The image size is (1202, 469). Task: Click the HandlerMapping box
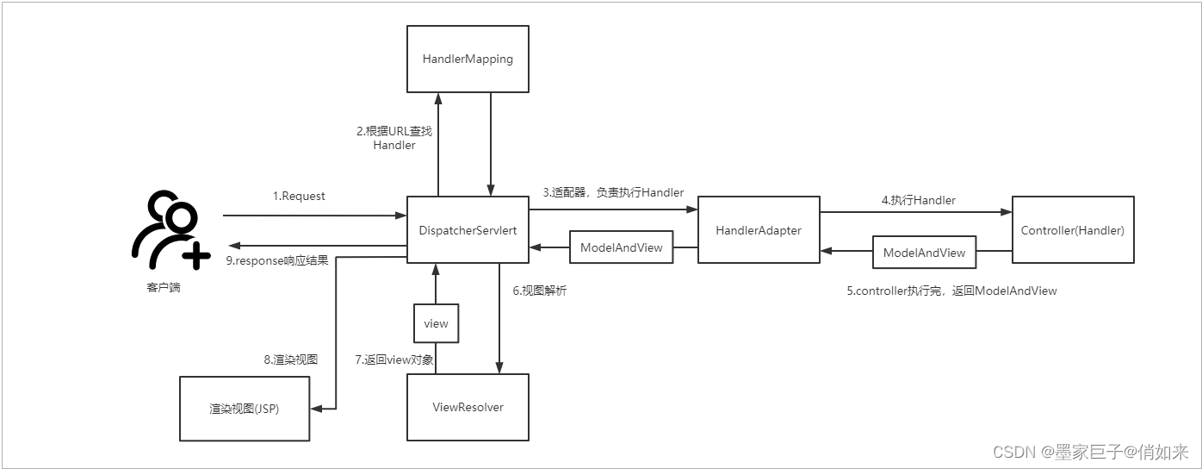pos(468,59)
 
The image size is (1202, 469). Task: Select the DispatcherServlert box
pos(468,230)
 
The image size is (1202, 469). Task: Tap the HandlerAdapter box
pos(758,230)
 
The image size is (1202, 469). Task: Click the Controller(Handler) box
pos(1072,230)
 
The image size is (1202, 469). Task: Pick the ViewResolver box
pos(468,407)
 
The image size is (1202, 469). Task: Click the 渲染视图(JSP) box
pos(244,409)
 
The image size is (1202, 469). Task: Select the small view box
pos(436,323)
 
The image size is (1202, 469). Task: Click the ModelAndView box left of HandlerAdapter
pos(621,247)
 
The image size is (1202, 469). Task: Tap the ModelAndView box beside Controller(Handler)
pos(924,253)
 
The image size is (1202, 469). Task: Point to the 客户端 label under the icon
pos(164,287)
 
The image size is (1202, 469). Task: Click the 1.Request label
pos(299,196)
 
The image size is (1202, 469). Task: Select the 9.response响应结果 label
pos(276,260)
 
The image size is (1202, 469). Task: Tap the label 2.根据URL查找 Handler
pos(394,138)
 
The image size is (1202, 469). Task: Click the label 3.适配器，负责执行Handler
pos(612,192)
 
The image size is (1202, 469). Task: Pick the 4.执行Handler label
pos(918,200)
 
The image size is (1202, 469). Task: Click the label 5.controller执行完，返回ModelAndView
pos(951,291)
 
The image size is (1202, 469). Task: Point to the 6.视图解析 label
pos(540,291)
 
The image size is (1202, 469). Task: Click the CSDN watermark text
pos(1090,452)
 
